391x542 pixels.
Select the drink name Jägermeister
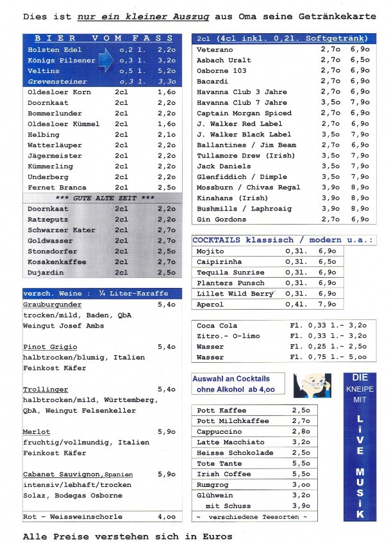(x=54, y=155)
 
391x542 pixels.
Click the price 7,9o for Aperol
(x=327, y=305)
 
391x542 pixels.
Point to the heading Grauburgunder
(x=53, y=305)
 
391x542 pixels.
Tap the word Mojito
(x=210, y=251)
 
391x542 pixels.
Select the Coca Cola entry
(x=217, y=326)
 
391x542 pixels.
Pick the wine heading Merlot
(x=37, y=432)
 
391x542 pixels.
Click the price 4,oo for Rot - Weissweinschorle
(x=166, y=516)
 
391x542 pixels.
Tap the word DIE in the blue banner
(x=360, y=378)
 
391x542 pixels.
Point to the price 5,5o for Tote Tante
(x=301, y=463)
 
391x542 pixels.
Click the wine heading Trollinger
(x=46, y=389)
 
